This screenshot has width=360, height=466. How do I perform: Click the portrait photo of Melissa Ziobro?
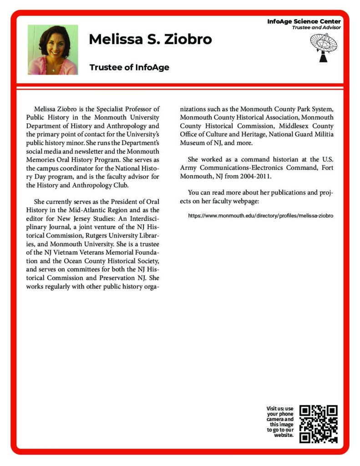click(x=53, y=50)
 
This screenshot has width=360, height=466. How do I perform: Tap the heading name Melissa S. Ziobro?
click(x=150, y=40)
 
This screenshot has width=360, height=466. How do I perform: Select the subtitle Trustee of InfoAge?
click(x=129, y=67)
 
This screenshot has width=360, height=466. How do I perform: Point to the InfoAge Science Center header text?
click(x=304, y=21)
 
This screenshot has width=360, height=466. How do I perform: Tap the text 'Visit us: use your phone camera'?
click(x=280, y=414)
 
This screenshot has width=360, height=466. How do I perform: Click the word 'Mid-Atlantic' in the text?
click(x=90, y=210)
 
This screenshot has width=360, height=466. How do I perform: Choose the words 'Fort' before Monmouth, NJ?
click(x=327, y=167)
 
